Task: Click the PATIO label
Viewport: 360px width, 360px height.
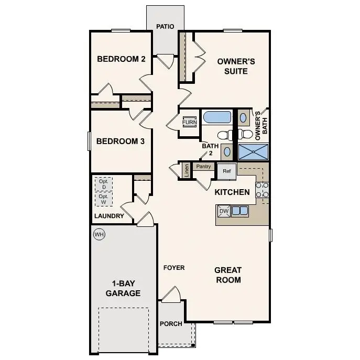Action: (165, 27)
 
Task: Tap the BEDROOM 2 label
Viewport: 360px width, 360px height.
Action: (121, 59)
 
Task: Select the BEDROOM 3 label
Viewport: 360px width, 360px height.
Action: (121, 141)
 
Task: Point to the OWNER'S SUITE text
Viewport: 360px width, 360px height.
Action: (236, 66)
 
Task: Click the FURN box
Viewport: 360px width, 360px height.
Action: (189, 123)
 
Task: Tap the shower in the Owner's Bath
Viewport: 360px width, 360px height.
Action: (254, 151)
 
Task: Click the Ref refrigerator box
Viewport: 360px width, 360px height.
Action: (227, 171)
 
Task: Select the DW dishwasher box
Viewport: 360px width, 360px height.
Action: (224, 211)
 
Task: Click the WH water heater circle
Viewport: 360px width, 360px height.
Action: (99, 234)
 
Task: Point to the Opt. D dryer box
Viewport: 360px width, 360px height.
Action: (104, 184)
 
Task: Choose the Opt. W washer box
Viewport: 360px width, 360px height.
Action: (104, 199)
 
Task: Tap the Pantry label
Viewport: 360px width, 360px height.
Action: (203, 167)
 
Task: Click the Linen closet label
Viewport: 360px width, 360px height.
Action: (186, 170)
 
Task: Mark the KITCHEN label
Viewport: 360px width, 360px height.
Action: (232, 192)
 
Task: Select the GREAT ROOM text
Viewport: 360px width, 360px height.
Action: (228, 275)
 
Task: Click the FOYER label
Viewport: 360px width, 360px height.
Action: (174, 268)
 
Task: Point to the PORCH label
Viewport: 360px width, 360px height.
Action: (171, 324)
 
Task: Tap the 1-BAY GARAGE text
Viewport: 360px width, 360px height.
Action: (123, 288)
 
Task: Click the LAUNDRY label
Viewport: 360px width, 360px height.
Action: (109, 216)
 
